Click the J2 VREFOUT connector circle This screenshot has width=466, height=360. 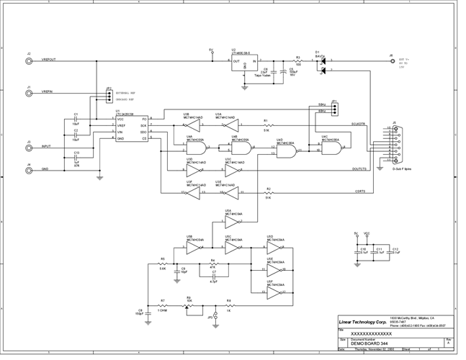click(x=29, y=62)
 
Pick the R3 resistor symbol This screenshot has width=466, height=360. click(x=298, y=62)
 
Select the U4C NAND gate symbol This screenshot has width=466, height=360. click(x=332, y=148)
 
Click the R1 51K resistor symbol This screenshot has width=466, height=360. click(x=267, y=125)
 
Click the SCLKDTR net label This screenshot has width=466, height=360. click(x=359, y=123)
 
